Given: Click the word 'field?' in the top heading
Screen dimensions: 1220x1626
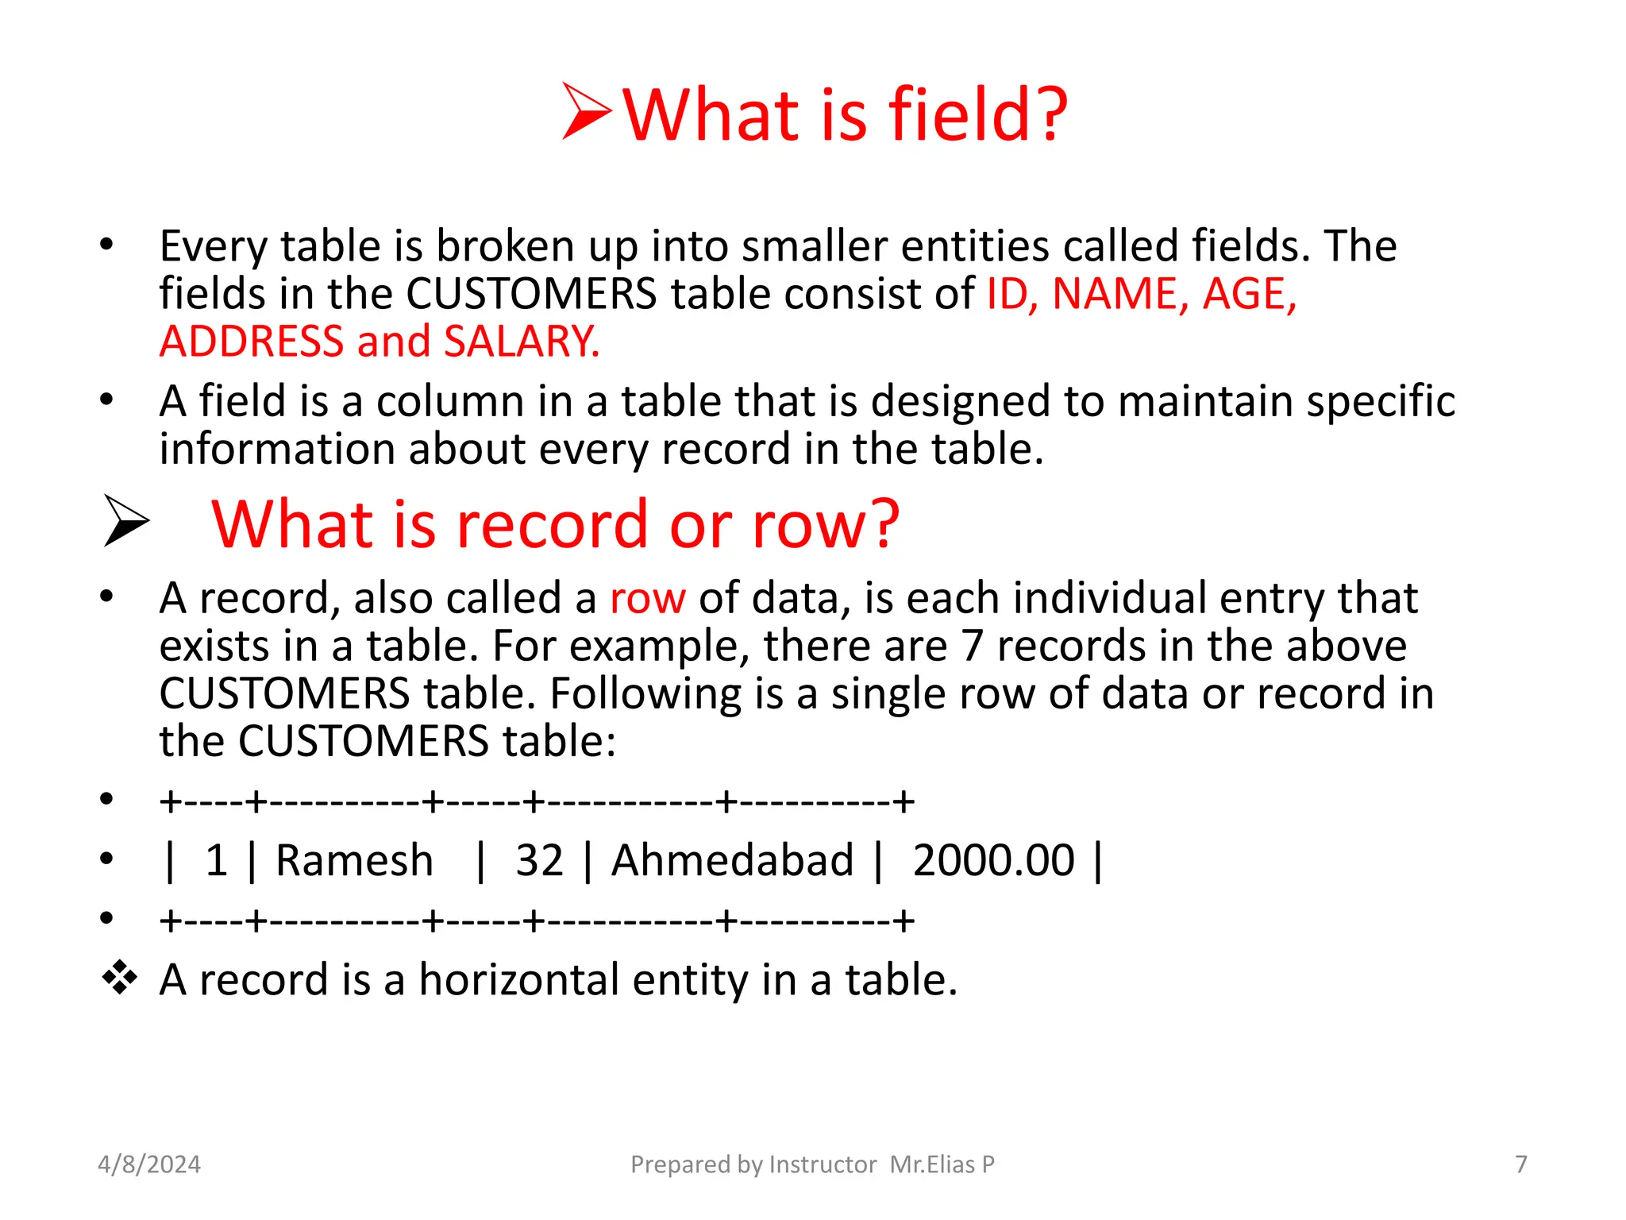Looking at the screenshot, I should click(978, 115).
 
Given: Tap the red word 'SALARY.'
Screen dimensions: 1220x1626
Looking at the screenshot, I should click(522, 342).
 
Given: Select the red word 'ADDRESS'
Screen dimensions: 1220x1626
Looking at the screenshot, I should click(251, 342).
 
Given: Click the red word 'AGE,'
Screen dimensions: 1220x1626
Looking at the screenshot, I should click(1250, 294).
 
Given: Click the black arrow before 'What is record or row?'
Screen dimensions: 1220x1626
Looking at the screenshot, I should click(125, 521).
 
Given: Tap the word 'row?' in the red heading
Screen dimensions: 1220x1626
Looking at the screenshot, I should click(826, 525).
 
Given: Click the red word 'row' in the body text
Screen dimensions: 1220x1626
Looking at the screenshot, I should click(647, 599).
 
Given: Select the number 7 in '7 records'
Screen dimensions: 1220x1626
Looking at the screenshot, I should click(973, 646).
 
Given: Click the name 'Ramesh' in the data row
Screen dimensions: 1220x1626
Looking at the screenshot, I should click(354, 860).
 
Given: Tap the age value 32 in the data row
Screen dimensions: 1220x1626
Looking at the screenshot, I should click(539, 860).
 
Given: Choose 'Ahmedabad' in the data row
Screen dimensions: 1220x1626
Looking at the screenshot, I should click(732, 860).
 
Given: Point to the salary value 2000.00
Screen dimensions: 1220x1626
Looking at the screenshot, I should click(993, 860).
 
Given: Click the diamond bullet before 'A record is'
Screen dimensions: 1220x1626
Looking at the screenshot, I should click(120, 978).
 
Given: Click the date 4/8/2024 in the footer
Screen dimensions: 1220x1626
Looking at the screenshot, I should click(149, 1164).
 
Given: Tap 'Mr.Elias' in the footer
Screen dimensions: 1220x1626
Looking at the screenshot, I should click(932, 1164).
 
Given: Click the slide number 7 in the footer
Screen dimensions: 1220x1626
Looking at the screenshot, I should click(1521, 1164).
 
